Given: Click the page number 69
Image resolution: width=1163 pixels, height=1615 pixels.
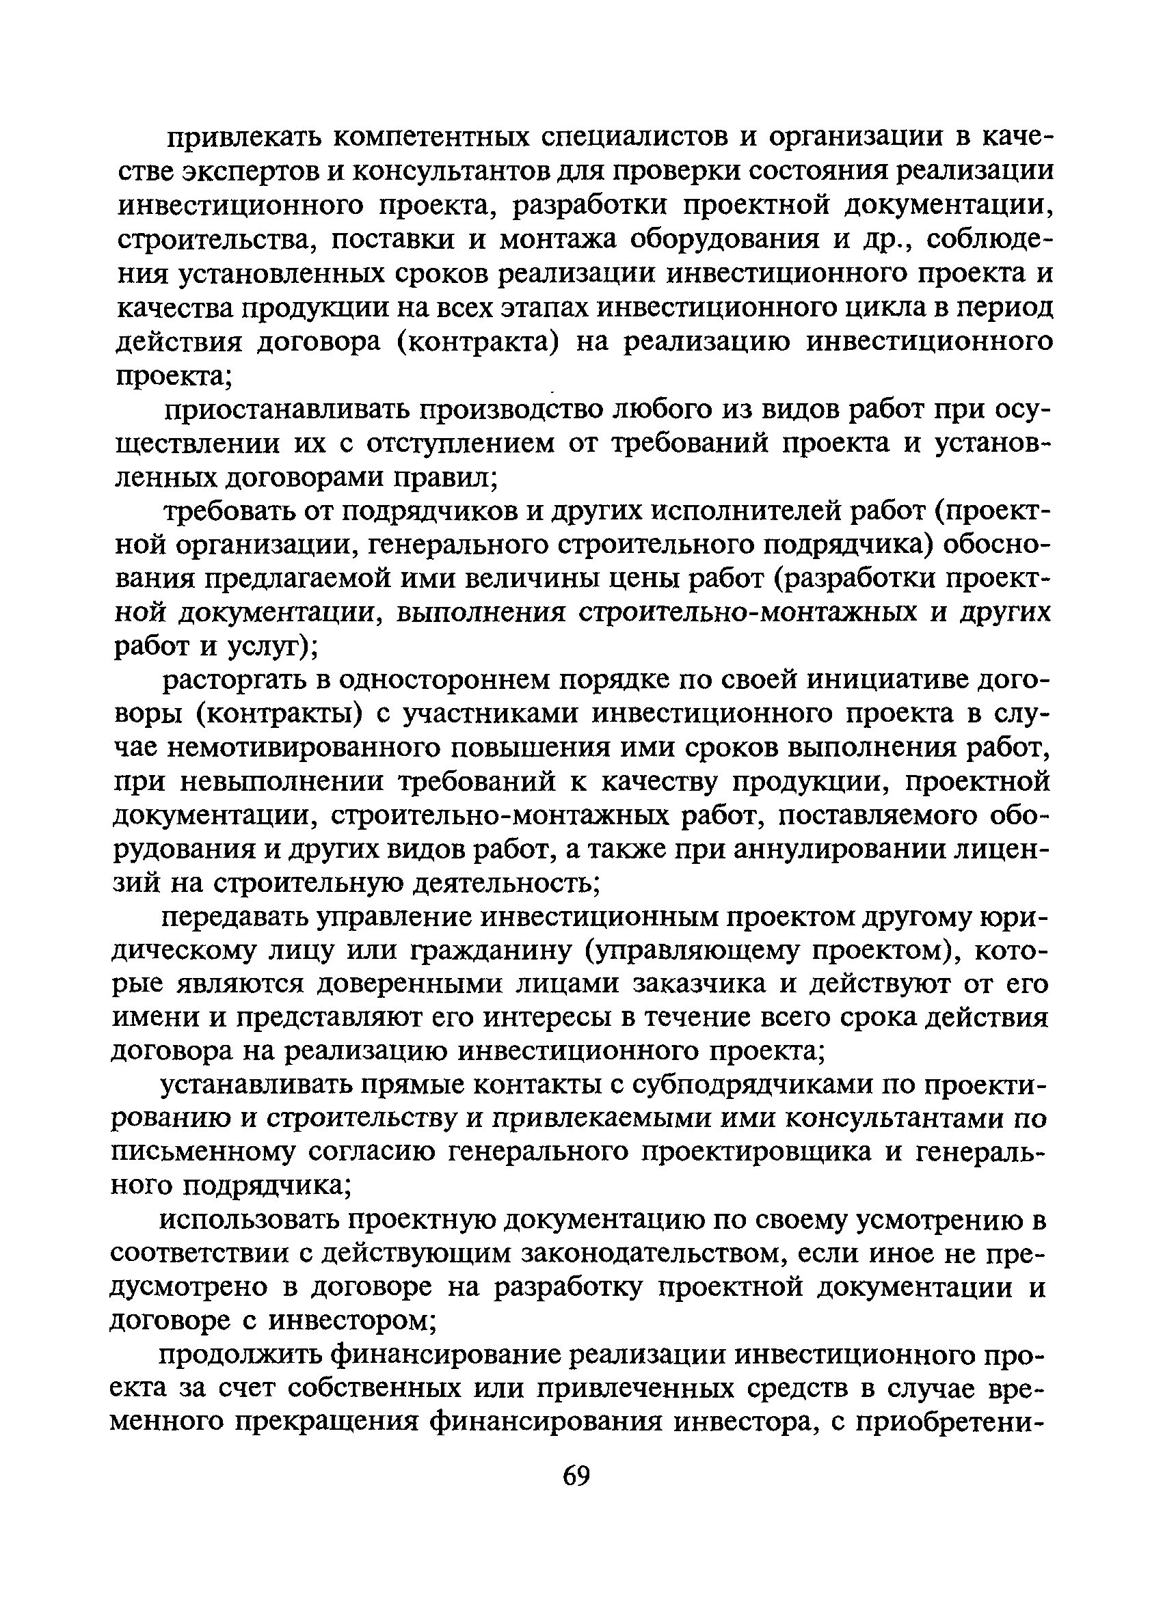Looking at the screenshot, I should pos(576,1476).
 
